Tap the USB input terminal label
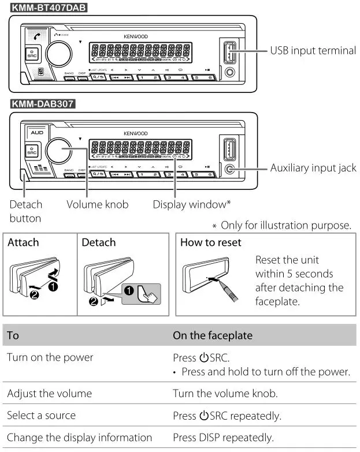pos(313,50)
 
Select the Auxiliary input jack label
pos(313,168)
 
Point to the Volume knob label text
pos(97,204)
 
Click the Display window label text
pos(191,204)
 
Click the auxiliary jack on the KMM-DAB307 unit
pos(230,170)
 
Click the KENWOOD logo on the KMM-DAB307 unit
pos(135,133)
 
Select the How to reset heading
pos(210,242)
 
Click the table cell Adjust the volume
pos(49,394)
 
